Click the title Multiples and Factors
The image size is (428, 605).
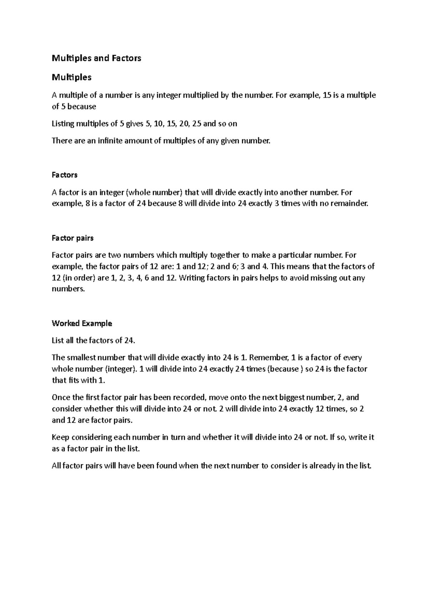point(96,58)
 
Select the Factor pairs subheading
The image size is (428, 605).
point(73,238)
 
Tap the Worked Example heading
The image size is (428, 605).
point(82,323)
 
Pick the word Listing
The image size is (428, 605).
point(63,124)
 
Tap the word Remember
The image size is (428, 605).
point(269,357)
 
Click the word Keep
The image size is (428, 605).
point(59,437)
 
